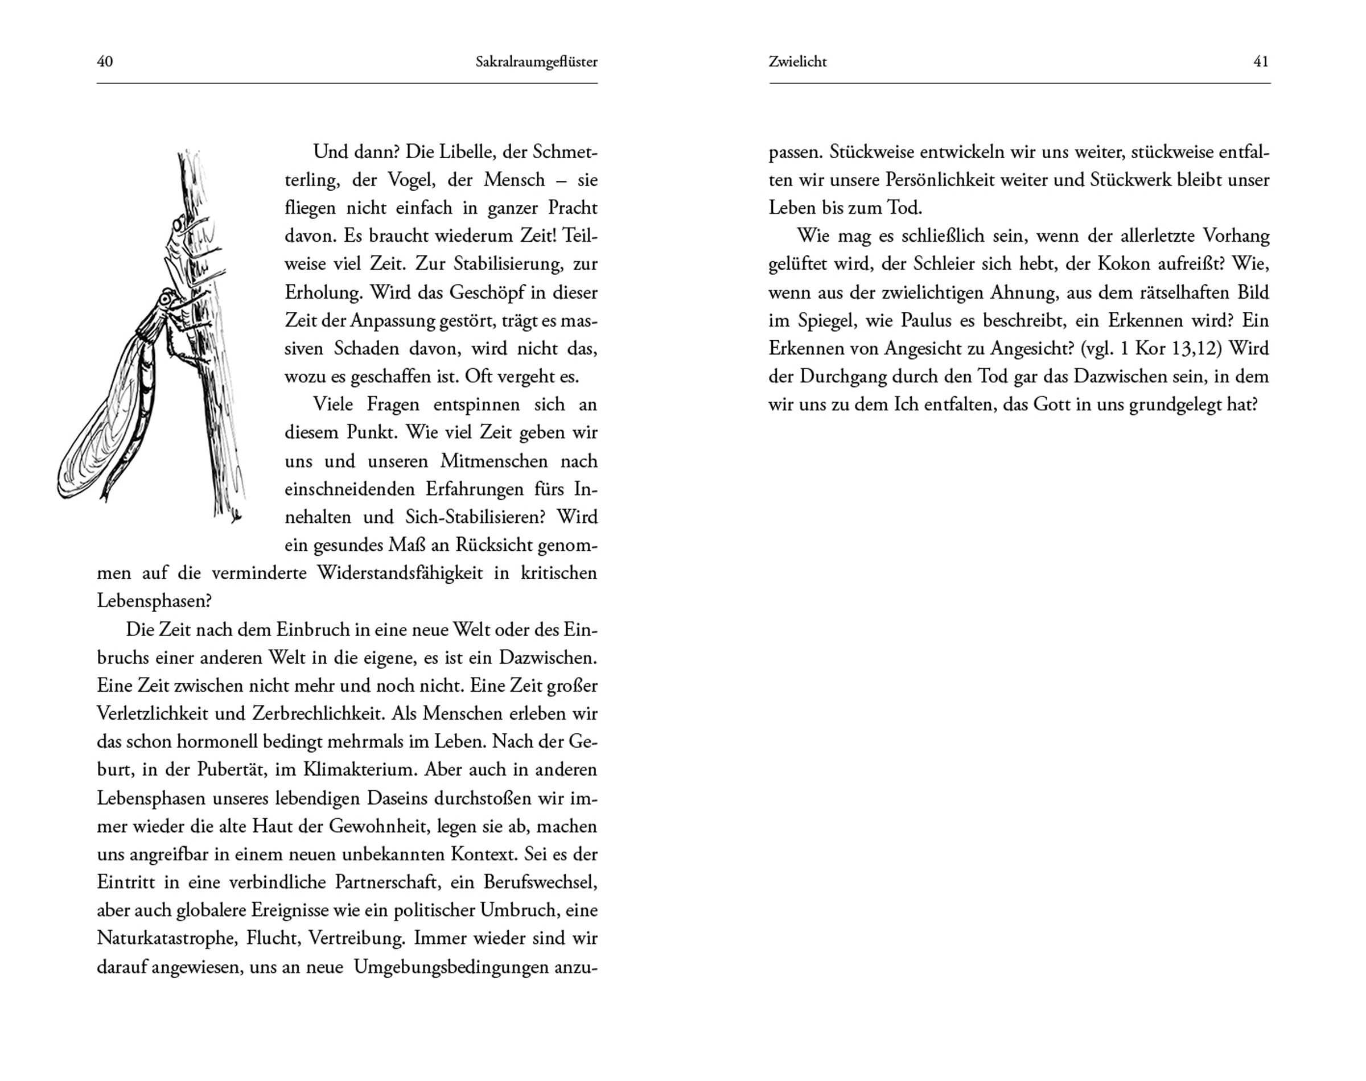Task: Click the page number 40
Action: (x=105, y=61)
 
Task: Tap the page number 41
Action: (x=1261, y=61)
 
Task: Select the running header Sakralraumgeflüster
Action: (x=536, y=62)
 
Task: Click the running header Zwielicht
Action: (x=797, y=62)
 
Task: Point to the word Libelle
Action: (x=451, y=152)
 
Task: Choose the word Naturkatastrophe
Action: (x=167, y=939)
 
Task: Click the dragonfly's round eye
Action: (x=166, y=298)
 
